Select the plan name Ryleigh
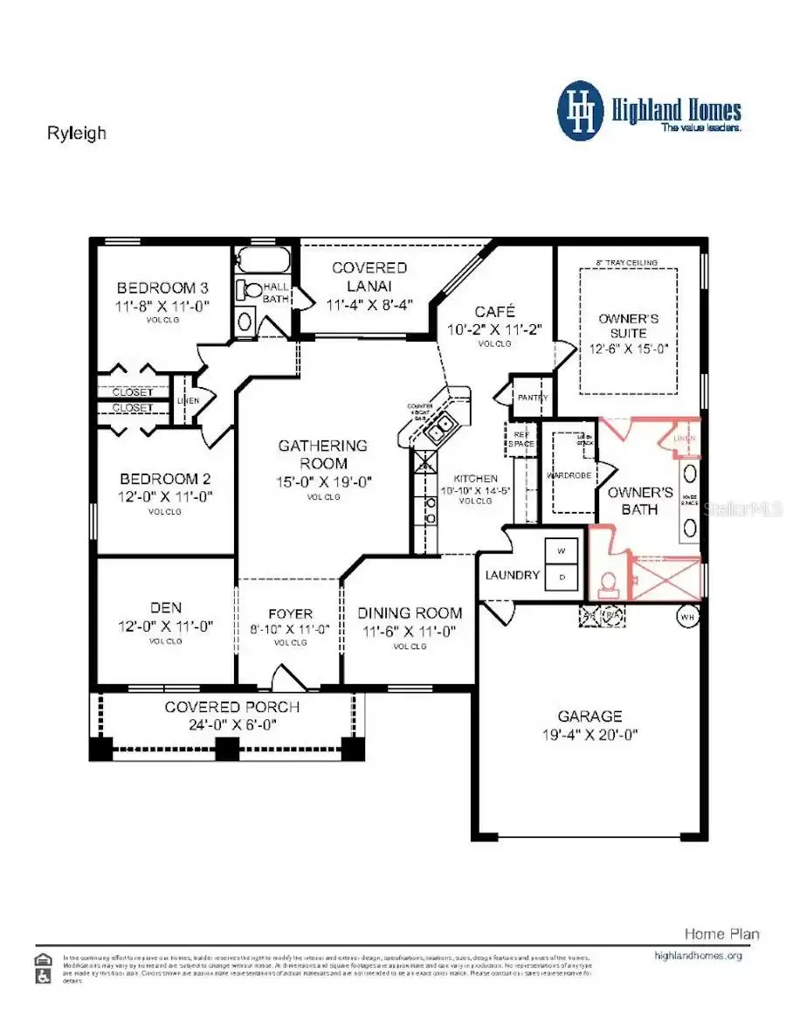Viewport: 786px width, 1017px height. [76, 134]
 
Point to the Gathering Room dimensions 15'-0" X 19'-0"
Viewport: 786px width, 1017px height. [324, 481]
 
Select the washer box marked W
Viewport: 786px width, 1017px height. [561, 551]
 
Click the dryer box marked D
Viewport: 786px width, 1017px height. [561, 577]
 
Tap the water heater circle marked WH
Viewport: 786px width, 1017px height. [686, 615]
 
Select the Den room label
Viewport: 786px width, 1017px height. [165, 609]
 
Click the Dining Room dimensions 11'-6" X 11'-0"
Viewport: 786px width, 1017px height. [410, 632]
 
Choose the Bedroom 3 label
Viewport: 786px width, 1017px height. [163, 288]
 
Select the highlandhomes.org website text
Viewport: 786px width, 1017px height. [697, 956]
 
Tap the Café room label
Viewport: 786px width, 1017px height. [494, 312]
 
